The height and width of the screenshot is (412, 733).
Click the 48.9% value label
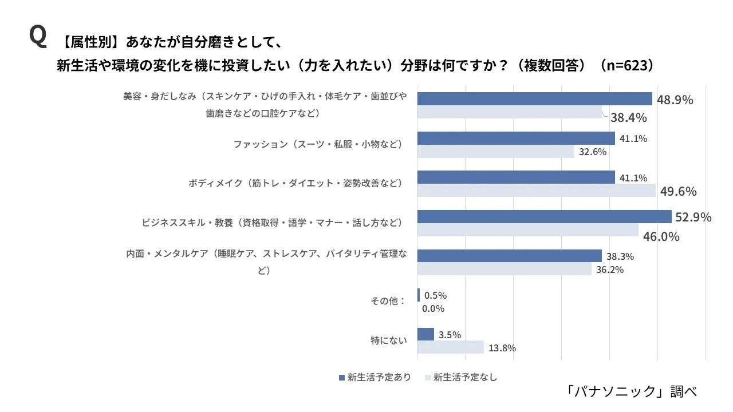point(675,100)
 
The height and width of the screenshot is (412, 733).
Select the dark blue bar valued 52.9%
point(544,216)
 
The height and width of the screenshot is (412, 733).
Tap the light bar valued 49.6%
point(536,191)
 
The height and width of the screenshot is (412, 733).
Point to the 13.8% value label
point(502,347)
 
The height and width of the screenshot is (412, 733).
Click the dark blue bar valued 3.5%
point(425,334)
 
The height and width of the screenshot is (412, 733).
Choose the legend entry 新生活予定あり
point(375,377)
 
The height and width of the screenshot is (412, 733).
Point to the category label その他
point(388,301)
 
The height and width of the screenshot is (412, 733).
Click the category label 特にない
point(389,340)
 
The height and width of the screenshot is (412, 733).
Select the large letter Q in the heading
point(37,37)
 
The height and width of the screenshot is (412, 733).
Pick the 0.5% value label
point(435,295)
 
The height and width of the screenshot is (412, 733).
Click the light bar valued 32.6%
point(495,152)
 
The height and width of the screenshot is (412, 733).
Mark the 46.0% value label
point(661,236)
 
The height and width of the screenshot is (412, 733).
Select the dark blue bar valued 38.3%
point(509,256)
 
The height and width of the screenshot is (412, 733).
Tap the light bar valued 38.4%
point(509,112)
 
